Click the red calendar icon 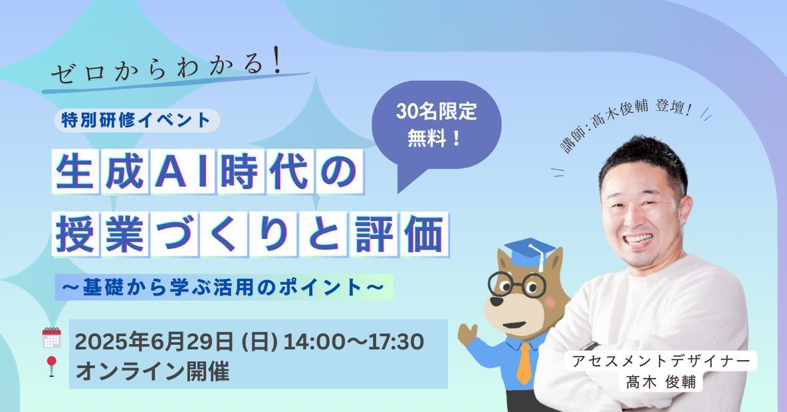pyautogui.click(x=51, y=337)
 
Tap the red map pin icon pyautogui.click(x=51, y=366)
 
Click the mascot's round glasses pyautogui.click(x=516, y=285)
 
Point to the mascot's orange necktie pyautogui.click(x=524, y=363)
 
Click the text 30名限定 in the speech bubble pyautogui.click(x=436, y=112)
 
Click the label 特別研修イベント pyautogui.click(x=136, y=120)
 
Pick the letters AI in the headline pyautogui.click(x=181, y=171)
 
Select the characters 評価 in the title pyautogui.click(x=399, y=234)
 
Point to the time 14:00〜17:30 pyautogui.click(x=354, y=341)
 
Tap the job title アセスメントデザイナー pyautogui.click(x=661, y=361)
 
